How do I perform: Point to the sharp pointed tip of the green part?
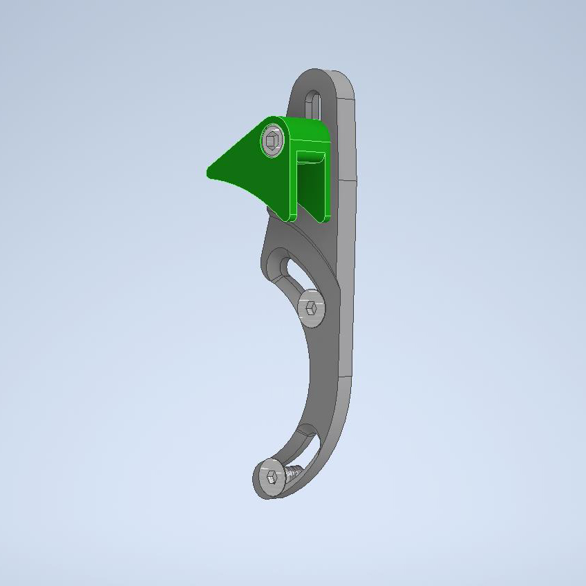pyautogui.click(x=209, y=171)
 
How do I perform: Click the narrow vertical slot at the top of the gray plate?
pyautogui.click(x=313, y=104)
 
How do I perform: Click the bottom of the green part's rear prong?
pyautogui.click(x=321, y=218)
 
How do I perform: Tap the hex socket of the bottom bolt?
pyautogui.click(x=270, y=476)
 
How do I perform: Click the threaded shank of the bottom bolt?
pyautogui.click(x=294, y=473)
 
